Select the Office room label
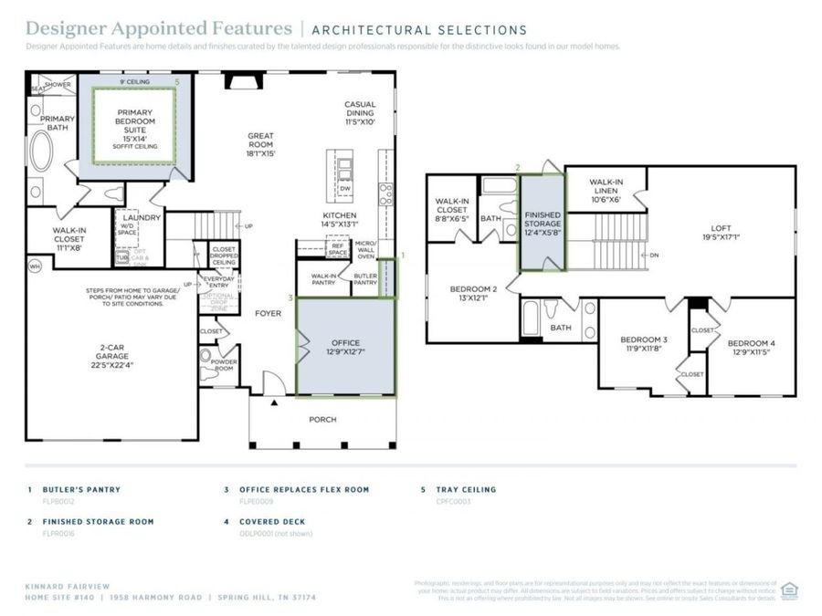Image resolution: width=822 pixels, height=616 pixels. pos(345,347)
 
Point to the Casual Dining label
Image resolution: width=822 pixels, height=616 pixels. pos(360,112)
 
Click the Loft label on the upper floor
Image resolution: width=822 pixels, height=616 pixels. pos(722,234)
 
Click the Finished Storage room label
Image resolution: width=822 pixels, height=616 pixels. pos(543,223)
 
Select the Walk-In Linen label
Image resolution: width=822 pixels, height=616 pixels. pos(606,188)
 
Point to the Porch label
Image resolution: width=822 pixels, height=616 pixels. pos(322,420)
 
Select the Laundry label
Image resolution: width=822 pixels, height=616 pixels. pos(142,217)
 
